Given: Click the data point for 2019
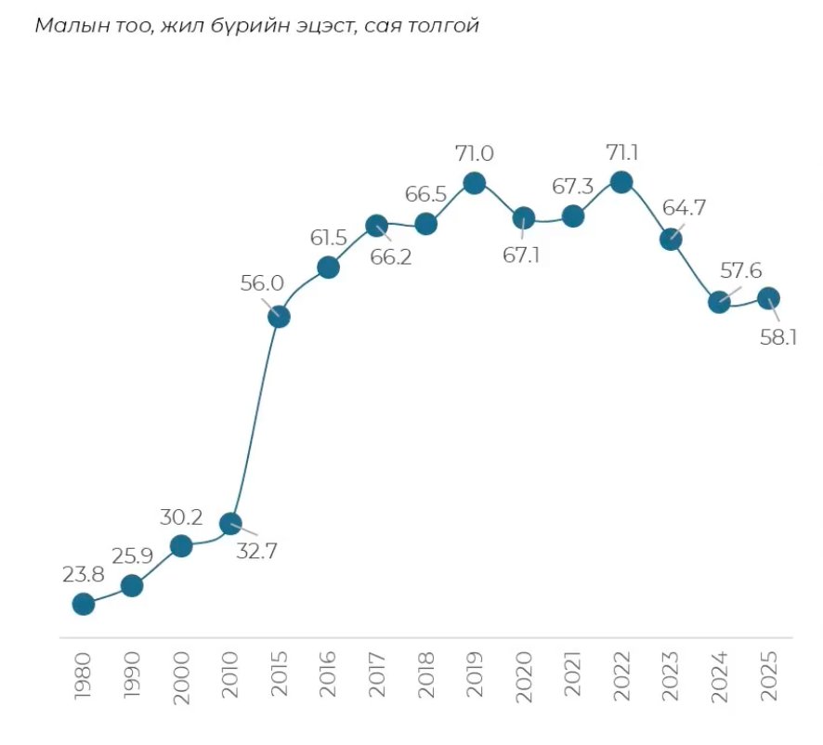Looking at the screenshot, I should [x=475, y=182].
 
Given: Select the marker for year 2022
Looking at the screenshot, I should [x=621, y=181].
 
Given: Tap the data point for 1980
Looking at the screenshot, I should [x=83, y=604].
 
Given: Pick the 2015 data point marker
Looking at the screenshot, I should [x=279, y=317].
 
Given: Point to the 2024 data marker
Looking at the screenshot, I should [x=719, y=302].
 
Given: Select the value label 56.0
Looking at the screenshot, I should [x=260, y=284].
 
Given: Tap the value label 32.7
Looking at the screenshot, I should [x=257, y=550].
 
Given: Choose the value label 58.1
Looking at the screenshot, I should [x=778, y=339].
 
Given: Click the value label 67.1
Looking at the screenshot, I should [x=522, y=255].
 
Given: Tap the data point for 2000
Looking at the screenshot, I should [x=181, y=545].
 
